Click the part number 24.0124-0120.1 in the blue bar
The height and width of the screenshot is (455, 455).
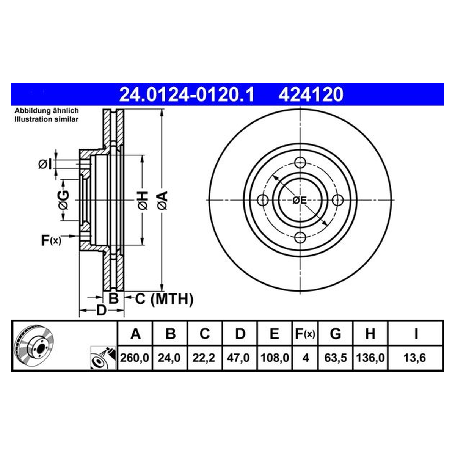(187, 94)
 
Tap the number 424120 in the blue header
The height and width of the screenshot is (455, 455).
(311, 94)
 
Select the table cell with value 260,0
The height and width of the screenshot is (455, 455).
(135, 358)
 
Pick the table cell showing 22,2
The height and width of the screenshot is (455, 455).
(204, 358)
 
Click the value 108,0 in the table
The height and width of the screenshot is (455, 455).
(275, 358)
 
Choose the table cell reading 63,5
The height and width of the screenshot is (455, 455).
(335, 358)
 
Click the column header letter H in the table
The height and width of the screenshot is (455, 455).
(370, 334)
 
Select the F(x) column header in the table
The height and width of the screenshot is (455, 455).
(305, 334)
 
